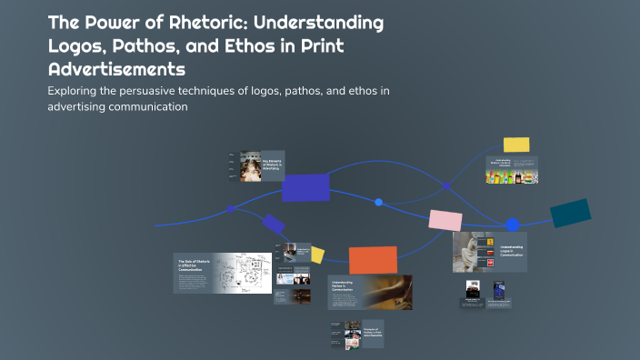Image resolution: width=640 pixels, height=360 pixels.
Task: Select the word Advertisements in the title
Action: tap(115, 69)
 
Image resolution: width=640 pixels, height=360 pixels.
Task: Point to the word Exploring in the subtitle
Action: tap(74, 91)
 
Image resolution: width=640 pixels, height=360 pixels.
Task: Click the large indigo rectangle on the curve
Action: tap(305, 187)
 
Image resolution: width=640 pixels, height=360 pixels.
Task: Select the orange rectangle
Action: tap(373, 260)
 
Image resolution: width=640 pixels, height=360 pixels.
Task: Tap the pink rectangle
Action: tap(445, 220)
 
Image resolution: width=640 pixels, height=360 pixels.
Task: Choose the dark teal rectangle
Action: tap(570, 213)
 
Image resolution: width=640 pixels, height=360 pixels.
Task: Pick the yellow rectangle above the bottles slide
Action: tap(516, 145)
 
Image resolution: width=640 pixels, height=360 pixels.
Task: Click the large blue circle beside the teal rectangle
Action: tap(513, 225)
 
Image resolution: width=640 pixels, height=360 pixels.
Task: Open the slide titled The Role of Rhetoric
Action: tap(223, 273)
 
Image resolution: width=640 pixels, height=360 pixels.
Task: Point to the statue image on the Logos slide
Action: tap(470, 252)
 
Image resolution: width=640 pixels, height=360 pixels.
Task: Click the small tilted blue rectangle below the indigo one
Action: tap(273, 224)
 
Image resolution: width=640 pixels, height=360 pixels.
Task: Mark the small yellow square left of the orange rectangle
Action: tap(317, 255)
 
